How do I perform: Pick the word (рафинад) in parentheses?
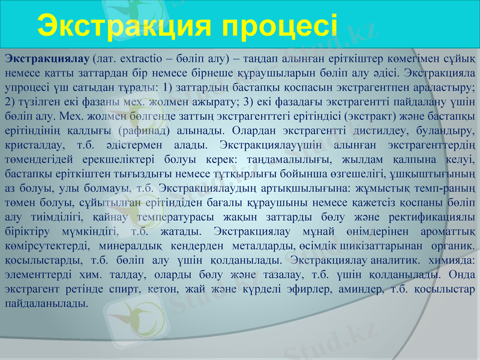tap(145, 130)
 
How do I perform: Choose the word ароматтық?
tap(446, 231)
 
